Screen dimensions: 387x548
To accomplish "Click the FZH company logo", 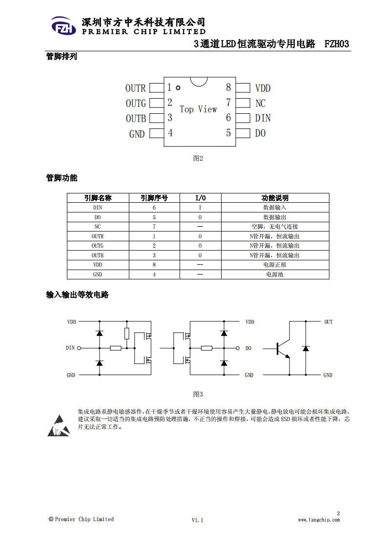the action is point(63,26).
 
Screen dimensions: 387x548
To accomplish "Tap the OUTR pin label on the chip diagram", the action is point(136,88).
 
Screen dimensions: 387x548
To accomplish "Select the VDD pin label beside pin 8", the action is point(263,88).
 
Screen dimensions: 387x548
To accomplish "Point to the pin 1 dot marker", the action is point(178,88).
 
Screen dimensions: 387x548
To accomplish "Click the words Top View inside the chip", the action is point(198,109).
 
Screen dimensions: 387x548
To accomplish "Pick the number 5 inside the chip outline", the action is point(228,133).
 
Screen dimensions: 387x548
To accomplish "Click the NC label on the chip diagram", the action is point(261,104).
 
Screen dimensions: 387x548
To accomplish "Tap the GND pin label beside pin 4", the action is point(137,134).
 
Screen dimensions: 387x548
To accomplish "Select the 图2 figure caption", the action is point(198,158).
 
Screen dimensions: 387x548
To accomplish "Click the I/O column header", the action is point(200,198).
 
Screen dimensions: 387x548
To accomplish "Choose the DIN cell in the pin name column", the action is point(98,208).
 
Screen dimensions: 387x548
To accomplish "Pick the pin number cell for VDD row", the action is point(154,265).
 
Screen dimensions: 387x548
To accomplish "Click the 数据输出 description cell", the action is point(275,217).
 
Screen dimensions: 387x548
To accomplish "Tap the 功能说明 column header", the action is point(275,198).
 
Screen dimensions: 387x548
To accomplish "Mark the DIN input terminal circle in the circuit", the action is point(79,348).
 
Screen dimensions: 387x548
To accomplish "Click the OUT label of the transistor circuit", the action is point(328,322).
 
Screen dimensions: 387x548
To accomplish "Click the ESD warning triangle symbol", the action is point(59,426).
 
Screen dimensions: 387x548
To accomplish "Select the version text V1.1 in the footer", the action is point(197,520).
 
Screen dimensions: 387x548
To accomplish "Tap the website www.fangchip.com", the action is point(319,520).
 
